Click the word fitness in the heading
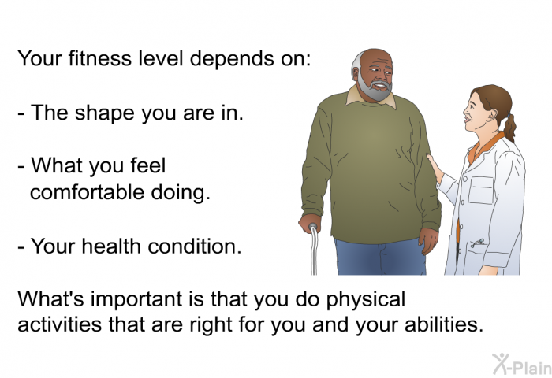(99, 58)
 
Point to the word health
(112, 246)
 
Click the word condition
(195, 246)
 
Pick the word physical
(365, 300)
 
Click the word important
(147, 299)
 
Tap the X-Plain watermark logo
(522, 365)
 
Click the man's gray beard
(375, 88)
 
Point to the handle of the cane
(312, 228)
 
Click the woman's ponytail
(509, 128)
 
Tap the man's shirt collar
(371, 98)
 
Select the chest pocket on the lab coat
(481, 191)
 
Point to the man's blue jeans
(380, 257)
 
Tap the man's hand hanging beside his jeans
(428, 240)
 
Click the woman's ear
(492, 114)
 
